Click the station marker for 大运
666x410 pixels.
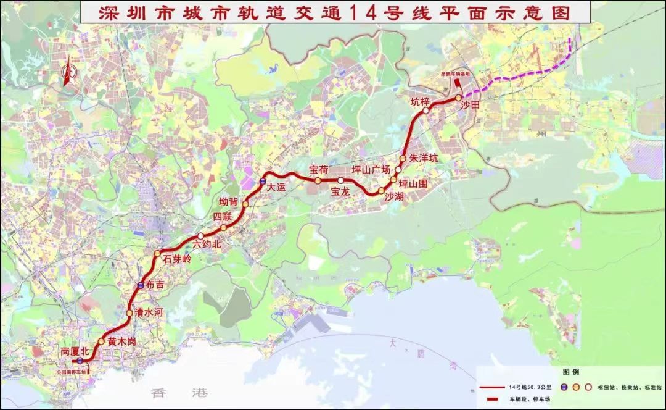(x=263, y=182)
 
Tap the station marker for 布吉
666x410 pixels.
(x=141, y=285)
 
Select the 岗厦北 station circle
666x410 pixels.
(x=80, y=360)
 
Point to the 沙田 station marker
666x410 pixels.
(x=458, y=98)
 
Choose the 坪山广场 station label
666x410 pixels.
(x=371, y=170)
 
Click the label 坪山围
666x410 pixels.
(x=413, y=183)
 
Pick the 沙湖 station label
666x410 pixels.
(x=393, y=197)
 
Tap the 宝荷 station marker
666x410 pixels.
(x=318, y=181)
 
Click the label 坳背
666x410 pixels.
(x=229, y=201)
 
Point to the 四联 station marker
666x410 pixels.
(x=223, y=228)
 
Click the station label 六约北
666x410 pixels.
(x=206, y=244)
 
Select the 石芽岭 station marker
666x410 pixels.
(x=157, y=253)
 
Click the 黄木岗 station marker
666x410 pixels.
(x=101, y=341)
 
